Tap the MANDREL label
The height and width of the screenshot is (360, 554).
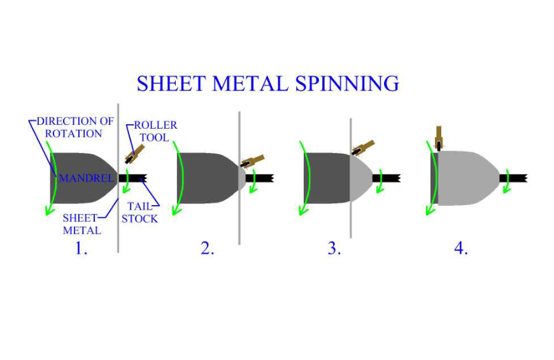click(x=85, y=178)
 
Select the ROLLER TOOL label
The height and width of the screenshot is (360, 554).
click(x=155, y=131)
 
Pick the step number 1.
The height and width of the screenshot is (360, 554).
click(x=81, y=248)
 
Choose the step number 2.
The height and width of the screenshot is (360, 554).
click(x=208, y=248)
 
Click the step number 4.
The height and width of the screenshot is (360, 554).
click(x=461, y=248)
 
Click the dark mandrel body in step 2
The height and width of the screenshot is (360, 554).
click(x=204, y=178)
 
